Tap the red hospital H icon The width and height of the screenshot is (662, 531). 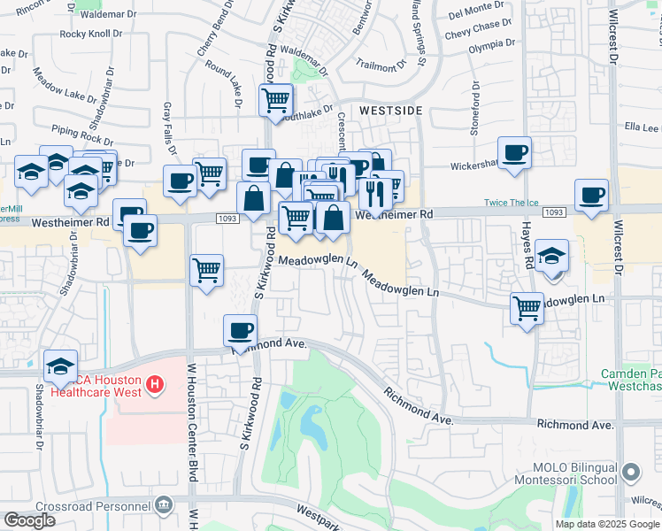coord(155,384)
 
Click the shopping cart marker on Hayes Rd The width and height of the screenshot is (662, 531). coord(527,308)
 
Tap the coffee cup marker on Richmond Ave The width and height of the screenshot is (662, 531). coord(240,331)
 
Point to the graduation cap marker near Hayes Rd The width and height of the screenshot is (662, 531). coord(552,256)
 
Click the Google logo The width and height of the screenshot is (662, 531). coord(29,519)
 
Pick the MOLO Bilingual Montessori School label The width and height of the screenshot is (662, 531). coord(574,473)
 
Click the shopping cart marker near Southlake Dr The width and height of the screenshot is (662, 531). coord(276,99)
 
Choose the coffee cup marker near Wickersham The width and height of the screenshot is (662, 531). coord(514,152)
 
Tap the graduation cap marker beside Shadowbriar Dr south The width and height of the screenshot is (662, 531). coord(60,365)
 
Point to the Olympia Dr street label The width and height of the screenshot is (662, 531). coord(491,43)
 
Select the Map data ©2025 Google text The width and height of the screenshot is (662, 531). coord(608,524)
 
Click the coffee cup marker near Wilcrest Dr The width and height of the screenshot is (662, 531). coord(591,195)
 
